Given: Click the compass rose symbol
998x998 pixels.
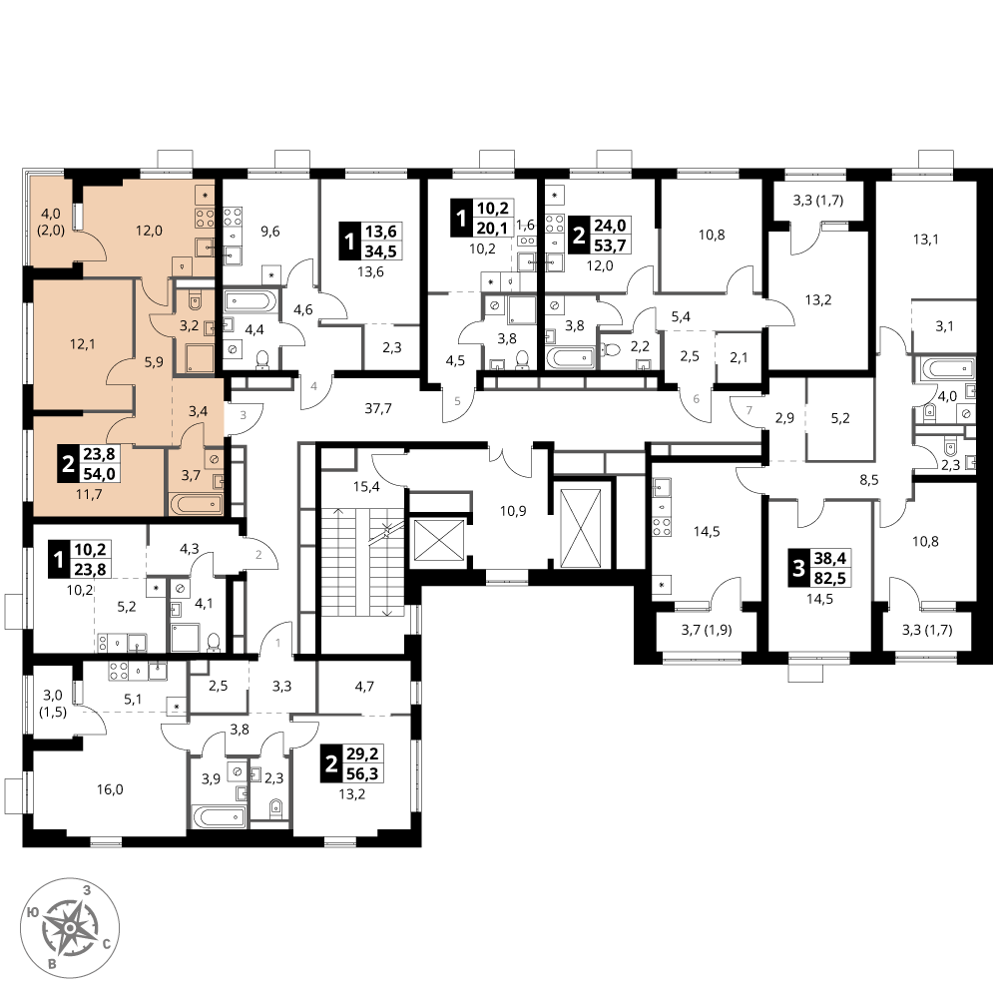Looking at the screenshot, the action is (x=70, y=927).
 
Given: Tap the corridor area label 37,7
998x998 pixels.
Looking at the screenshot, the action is (x=378, y=408).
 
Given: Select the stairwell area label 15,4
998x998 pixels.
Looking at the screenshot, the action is (x=366, y=487).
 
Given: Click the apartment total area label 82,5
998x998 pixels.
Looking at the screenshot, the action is (x=830, y=579).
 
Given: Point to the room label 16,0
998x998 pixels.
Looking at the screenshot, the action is (x=110, y=789).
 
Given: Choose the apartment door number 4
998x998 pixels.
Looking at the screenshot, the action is (x=313, y=385).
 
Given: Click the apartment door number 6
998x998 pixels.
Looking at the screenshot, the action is (x=697, y=399).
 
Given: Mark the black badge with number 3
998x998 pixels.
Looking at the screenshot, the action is (x=798, y=567).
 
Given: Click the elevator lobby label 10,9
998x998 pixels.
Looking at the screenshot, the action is (x=513, y=510).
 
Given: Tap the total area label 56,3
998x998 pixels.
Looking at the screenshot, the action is (x=362, y=774).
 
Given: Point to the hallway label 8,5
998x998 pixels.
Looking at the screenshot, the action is (x=869, y=480).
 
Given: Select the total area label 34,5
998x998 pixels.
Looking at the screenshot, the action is (x=380, y=251).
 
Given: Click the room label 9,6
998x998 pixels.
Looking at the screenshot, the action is (x=270, y=232).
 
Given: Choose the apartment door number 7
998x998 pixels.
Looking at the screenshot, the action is (x=749, y=410).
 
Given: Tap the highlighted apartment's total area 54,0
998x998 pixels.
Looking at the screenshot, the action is (x=99, y=474).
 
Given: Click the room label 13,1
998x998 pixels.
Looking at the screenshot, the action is (x=925, y=240).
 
